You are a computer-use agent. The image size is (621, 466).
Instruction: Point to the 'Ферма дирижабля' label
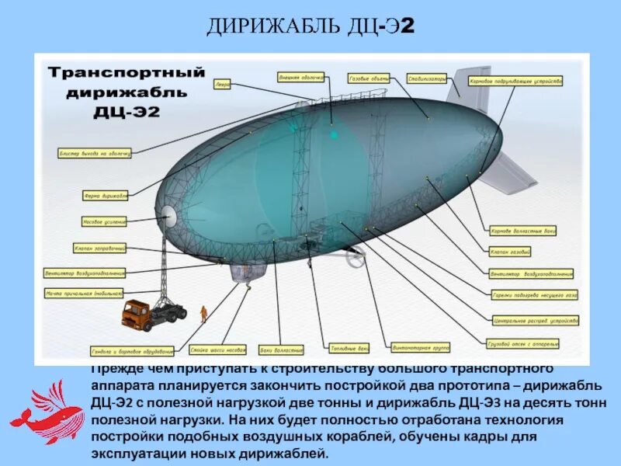click(x=105, y=196)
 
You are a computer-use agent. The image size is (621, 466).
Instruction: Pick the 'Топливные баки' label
click(x=349, y=347)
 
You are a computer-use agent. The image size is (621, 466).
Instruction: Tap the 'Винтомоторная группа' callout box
click(x=422, y=347)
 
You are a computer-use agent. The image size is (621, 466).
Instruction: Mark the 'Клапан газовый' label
click(x=510, y=252)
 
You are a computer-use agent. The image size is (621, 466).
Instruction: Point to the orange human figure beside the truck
click(x=203, y=313)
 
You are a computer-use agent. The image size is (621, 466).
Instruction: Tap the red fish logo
click(x=48, y=412)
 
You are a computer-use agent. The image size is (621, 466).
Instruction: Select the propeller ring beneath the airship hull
click(x=356, y=259)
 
